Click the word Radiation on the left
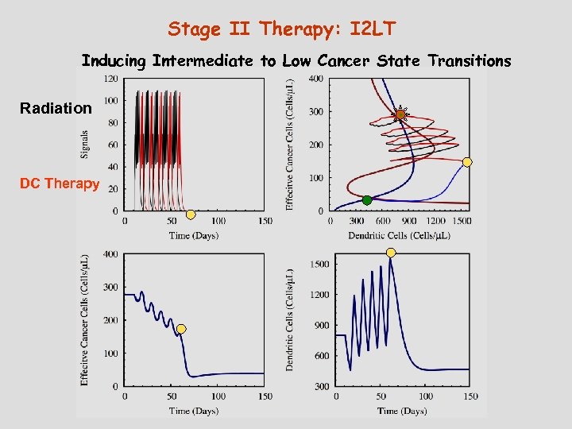pos(56,108)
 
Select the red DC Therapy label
pos(60,184)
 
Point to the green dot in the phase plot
pos(367,200)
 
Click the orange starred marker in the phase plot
pos(400,115)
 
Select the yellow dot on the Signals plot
pos(191,214)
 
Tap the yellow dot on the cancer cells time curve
pos(181,329)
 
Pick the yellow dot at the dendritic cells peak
pos(391,253)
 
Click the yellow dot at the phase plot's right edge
pos(467,162)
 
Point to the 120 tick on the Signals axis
pos(110,79)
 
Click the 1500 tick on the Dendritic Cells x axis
pos(461,221)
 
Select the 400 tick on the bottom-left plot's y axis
pos(110,254)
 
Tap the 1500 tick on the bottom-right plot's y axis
pos(319,264)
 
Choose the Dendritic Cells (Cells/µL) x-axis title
pos(399,235)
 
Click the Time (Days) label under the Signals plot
pos(193,235)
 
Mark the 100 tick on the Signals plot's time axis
pos(218,221)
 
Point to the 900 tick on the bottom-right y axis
pos(322,326)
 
